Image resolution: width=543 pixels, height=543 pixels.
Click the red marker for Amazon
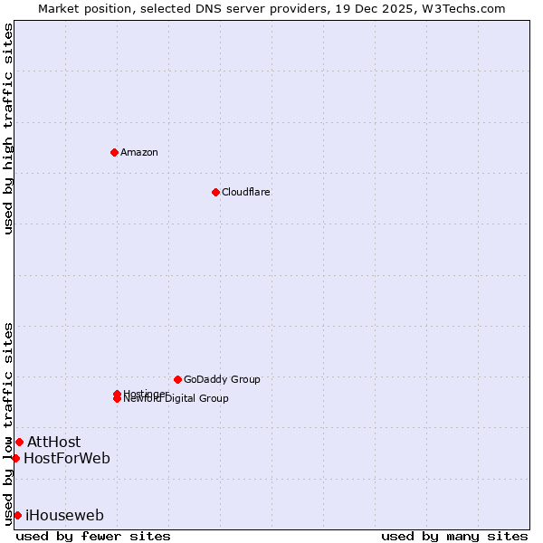pos(114,152)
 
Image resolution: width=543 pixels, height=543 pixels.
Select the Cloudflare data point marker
pos(215,192)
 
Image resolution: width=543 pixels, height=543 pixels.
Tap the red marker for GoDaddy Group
pos(177,379)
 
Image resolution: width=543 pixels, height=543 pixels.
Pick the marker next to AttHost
pos(19,442)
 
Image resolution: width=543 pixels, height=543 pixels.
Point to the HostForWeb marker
pos(15,458)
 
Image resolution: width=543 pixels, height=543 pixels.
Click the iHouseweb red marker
pos(17,515)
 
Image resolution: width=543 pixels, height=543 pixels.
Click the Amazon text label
pos(139,152)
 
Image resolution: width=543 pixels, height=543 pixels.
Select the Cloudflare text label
pos(246,192)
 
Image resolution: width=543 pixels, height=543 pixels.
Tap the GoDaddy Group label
pos(222,379)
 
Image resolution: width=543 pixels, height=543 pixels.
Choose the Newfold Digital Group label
pos(177,399)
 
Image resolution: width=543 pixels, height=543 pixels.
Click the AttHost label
pos(53,442)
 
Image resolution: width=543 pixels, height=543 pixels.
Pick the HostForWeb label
pos(67,458)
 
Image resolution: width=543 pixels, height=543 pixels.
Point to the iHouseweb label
pos(64,516)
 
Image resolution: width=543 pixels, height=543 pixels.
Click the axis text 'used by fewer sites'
pos(93,536)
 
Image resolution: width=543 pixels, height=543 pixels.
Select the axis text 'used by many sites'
pos(454,536)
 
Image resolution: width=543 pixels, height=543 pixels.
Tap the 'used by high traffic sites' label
pos(8,129)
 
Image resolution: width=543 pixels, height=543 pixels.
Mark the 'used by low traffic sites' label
pos(8,423)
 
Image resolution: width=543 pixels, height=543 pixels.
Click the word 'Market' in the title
pos(58,8)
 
